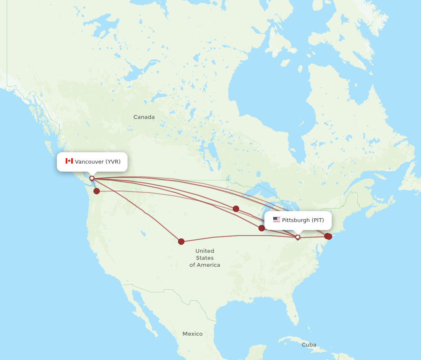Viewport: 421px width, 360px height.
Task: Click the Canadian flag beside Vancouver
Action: pyautogui.click(x=69, y=161)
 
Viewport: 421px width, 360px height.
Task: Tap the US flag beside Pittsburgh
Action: pyautogui.click(x=276, y=220)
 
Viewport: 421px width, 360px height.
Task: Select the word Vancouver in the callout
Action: pyautogui.click(x=89, y=161)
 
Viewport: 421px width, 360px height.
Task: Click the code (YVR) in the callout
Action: pyautogui.click(x=113, y=161)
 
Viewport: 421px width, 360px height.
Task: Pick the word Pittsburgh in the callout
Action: pyautogui.click(x=296, y=220)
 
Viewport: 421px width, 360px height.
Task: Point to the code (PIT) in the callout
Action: pyautogui.click(x=318, y=220)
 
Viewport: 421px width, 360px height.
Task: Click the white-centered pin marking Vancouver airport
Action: pyautogui.click(x=92, y=178)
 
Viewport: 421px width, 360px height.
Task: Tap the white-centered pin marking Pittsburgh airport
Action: pyautogui.click(x=298, y=237)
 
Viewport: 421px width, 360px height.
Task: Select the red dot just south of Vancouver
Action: pyautogui.click(x=97, y=191)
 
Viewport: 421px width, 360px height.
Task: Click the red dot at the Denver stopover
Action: pyautogui.click(x=181, y=241)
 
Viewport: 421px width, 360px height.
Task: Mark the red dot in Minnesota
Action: pyautogui.click(x=236, y=209)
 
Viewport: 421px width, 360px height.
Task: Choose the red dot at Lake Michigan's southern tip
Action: pyautogui.click(x=261, y=228)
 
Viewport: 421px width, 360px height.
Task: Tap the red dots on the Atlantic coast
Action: pyautogui.click(x=328, y=236)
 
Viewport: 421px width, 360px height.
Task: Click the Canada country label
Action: pyautogui.click(x=144, y=117)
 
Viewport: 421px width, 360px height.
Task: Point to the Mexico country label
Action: pyautogui.click(x=192, y=334)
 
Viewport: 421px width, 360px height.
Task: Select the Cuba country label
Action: pyautogui.click(x=309, y=345)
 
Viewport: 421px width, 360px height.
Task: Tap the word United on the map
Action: pyautogui.click(x=205, y=251)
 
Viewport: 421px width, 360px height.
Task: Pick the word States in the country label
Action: pyautogui.click(x=205, y=258)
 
